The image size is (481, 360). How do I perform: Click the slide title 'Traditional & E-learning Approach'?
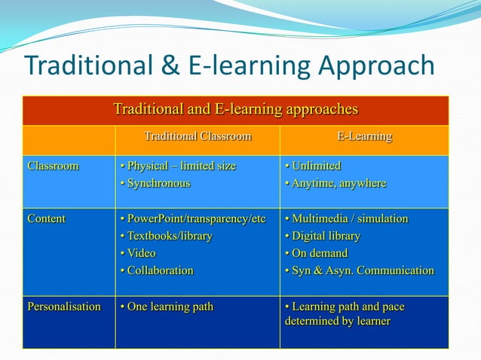[x=229, y=66]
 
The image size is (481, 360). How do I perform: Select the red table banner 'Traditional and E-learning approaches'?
[x=235, y=109]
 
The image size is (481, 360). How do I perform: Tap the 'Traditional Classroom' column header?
[x=198, y=137]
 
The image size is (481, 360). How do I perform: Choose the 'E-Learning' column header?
[x=364, y=137]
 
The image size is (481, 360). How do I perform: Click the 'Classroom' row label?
[x=53, y=166]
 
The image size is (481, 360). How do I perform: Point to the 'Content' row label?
[x=47, y=218]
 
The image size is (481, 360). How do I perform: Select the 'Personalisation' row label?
[x=64, y=307]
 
